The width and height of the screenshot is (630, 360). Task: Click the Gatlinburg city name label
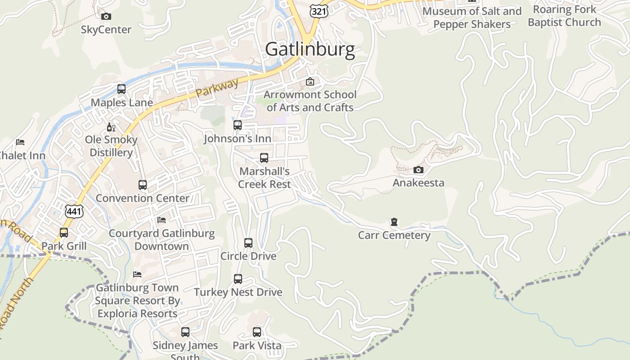pyautogui.click(x=310, y=49)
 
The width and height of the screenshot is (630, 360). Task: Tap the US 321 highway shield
pyautogui.click(x=319, y=11)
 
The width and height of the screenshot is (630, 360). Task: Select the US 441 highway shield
pyautogui.click(x=74, y=211)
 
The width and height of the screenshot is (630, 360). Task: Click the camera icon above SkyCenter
pyautogui.click(x=106, y=17)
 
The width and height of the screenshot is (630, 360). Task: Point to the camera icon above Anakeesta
pyautogui.click(x=418, y=170)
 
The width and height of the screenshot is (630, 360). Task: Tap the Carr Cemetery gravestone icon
pyautogui.click(x=394, y=222)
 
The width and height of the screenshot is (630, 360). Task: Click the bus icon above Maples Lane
pyautogui.click(x=121, y=89)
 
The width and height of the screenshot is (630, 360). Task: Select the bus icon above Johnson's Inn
pyautogui.click(x=238, y=125)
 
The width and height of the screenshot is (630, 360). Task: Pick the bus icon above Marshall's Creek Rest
pyautogui.click(x=264, y=158)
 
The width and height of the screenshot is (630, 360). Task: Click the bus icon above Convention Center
pyautogui.click(x=143, y=184)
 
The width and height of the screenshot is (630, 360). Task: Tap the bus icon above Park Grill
pyautogui.click(x=64, y=233)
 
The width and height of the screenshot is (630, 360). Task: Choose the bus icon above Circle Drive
pyautogui.click(x=248, y=243)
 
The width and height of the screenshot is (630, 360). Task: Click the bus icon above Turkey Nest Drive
pyautogui.click(x=238, y=279)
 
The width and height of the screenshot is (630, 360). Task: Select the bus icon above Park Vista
pyautogui.click(x=257, y=332)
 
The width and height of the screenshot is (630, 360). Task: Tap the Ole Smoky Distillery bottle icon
pyautogui.click(x=111, y=127)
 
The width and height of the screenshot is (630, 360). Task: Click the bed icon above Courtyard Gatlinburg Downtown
pyautogui.click(x=162, y=220)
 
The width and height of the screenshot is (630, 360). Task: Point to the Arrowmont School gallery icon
pyautogui.click(x=310, y=81)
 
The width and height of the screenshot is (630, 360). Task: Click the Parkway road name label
pyautogui.click(x=217, y=89)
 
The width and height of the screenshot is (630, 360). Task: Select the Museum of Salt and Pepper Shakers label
pyautogui.click(x=472, y=18)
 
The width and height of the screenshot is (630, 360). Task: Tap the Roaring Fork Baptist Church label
pyautogui.click(x=564, y=16)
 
